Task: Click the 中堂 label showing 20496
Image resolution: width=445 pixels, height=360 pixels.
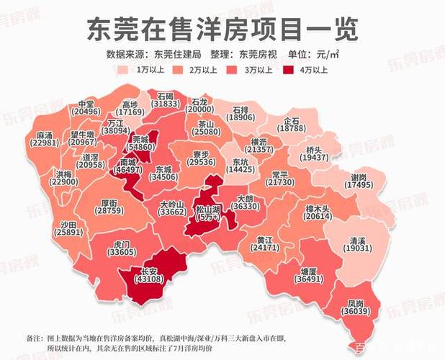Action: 86,107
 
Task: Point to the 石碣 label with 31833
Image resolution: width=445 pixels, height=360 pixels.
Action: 166,99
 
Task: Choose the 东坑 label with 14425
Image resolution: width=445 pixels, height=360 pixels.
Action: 241,166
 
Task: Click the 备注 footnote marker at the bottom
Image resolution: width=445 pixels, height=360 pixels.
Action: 33,338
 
